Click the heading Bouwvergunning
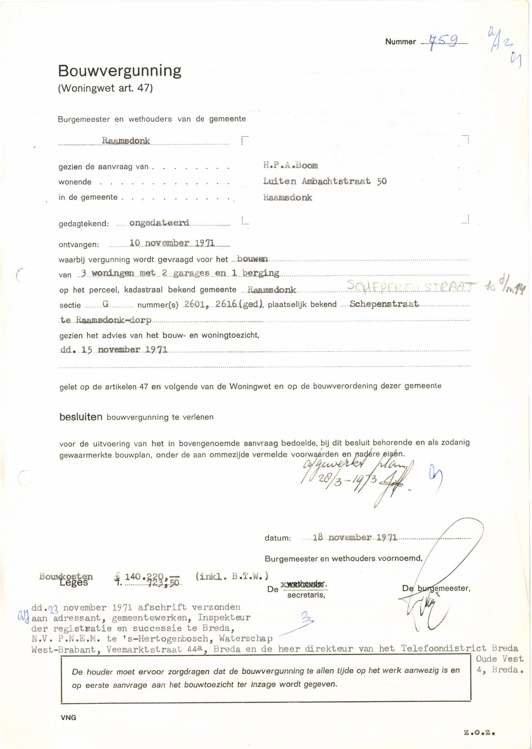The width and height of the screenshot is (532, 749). (x=120, y=71)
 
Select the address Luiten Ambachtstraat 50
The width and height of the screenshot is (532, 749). (x=325, y=181)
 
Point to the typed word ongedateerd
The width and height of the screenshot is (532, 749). (x=159, y=223)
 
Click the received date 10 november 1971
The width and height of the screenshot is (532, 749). (x=172, y=243)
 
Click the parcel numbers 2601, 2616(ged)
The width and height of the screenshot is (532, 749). (x=223, y=304)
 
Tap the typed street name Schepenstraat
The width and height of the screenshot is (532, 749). (x=384, y=304)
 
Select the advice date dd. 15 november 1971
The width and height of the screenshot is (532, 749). (x=114, y=350)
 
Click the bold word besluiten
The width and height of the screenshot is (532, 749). (x=81, y=417)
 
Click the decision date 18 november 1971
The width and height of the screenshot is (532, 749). (x=355, y=538)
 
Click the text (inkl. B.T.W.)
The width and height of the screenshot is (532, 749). (x=232, y=576)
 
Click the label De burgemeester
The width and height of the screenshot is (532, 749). (x=436, y=588)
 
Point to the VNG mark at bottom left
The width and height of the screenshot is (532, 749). (x=68, y=718)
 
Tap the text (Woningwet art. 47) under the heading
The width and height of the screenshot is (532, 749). (x=105, y=88)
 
